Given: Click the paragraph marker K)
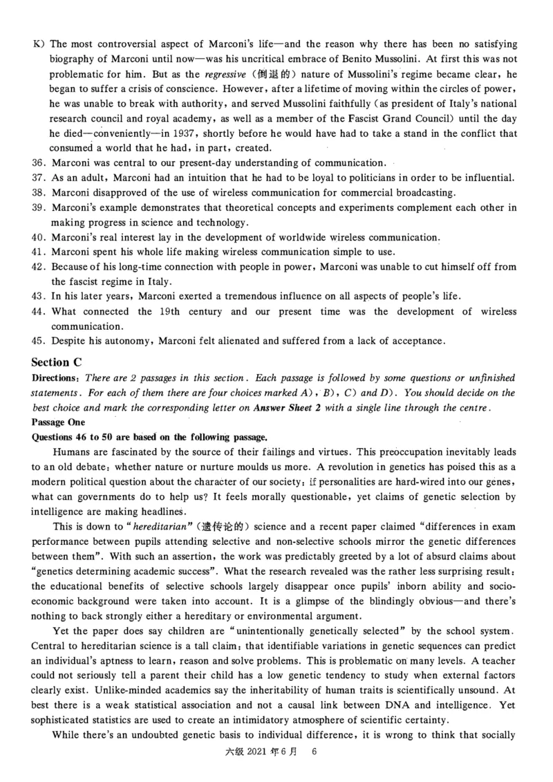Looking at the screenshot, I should pos(38,44).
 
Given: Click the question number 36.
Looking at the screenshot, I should pos(39,162).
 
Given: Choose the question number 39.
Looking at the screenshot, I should pos(39,207).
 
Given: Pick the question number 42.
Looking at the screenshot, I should pos(39,267).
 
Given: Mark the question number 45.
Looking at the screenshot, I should pos(39,341).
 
